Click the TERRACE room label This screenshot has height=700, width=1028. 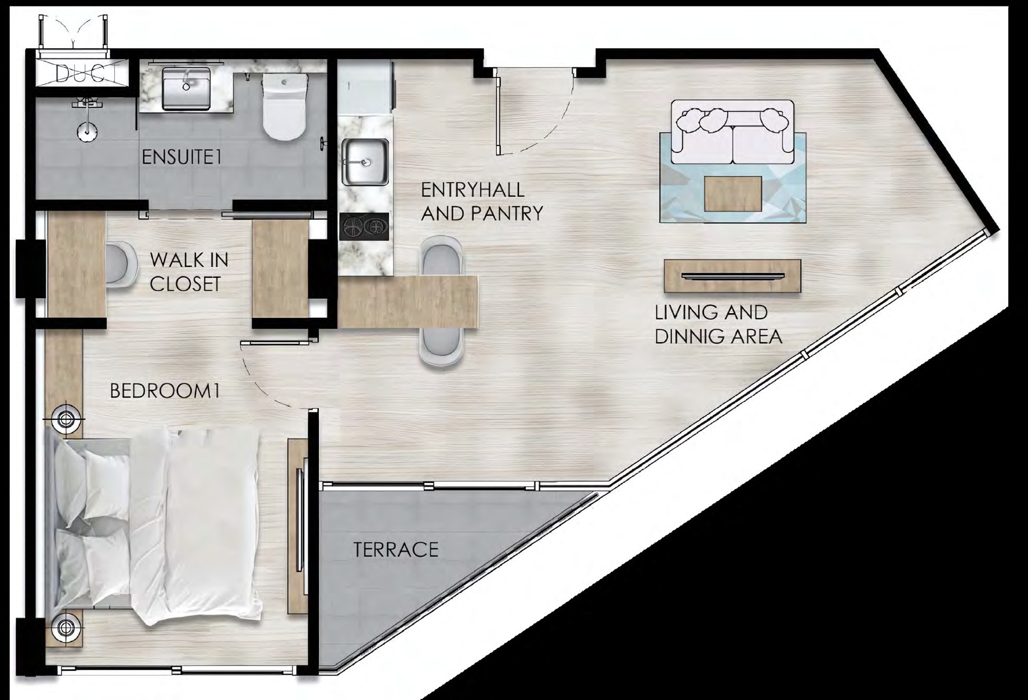(x=396, y=549)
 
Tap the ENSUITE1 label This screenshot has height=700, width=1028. (x=182, y=157)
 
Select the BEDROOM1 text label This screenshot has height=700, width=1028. (x=165, y=391)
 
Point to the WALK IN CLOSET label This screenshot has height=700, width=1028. (x=189, y=271)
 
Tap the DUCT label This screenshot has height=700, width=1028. (x=88, y=73)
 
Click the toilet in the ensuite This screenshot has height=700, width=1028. (x=284, y=104)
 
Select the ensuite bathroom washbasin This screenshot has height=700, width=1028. (x=186, y=88)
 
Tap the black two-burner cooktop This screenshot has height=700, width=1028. (x=364, y=226)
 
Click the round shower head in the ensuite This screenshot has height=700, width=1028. (x=87, y=132)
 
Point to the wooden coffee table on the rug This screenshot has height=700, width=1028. (x=733, y=194)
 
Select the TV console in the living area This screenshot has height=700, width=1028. (x=732, y=276)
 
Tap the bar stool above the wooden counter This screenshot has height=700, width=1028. (x=442, y=256)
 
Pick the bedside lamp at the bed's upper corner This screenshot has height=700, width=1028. (x=64, y=419)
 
